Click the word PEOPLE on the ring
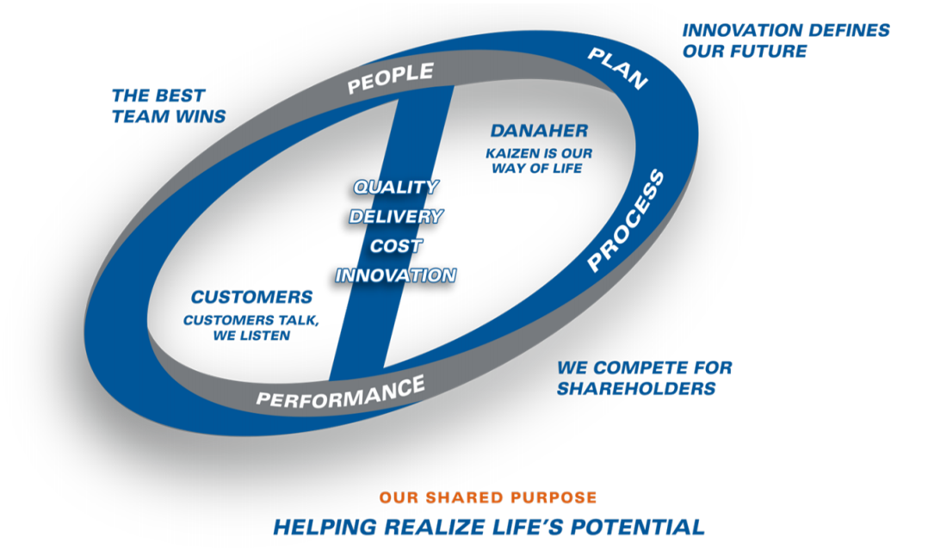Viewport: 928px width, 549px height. (x=391, y=78)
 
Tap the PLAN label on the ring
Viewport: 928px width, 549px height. (x=617, y=69)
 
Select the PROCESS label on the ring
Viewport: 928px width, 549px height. (x=626, y=220)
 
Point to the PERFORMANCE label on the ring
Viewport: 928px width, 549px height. (x=340, y=392)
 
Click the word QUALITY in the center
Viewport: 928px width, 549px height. (x=396, y=187)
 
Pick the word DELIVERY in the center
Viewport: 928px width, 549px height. (x=396, y=217)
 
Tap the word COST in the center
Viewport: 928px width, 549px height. (x=396, y=245)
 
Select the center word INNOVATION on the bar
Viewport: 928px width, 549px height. (x=396, y=275)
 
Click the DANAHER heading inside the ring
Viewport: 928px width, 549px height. (x=539, y=130)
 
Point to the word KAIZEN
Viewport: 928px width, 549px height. (x=513, y=153)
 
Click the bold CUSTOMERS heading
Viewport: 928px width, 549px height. (x=251, y=296)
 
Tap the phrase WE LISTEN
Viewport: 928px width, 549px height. (x=251, y=336)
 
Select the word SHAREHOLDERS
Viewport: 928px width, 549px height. (x=636, y=388)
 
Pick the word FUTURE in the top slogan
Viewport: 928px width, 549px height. (x=768, y=51)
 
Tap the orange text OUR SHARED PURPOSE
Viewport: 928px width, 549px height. (x=488, y=497)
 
